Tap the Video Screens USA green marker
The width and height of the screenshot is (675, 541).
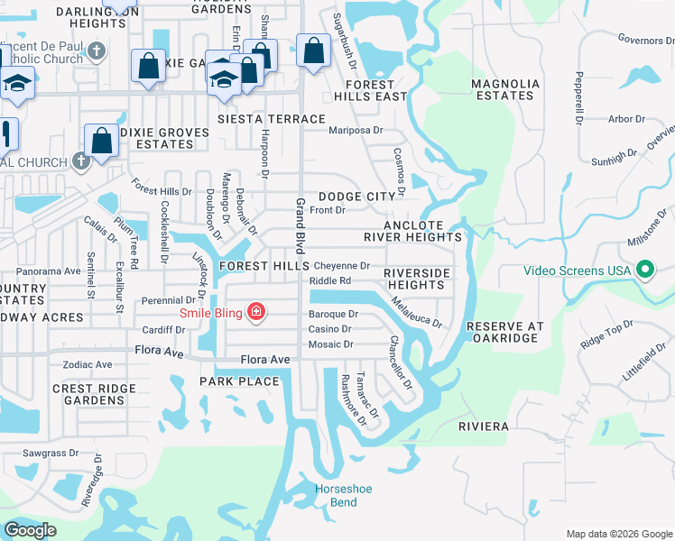(x=645, y=270)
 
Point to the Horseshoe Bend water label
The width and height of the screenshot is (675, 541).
(x=336, y=495)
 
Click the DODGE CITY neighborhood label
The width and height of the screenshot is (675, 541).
(x=356, y=196)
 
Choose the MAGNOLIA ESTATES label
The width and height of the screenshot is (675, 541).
(x=505, y=89)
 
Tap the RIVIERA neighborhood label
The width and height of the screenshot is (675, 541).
(x=484, y=426)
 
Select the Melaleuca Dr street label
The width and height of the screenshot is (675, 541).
(x=416, y=310)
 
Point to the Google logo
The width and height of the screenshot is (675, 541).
(x=30, y=530)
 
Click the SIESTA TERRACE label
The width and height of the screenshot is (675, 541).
(x=272, y=119)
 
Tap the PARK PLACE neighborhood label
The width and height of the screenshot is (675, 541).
(x=239, y=381)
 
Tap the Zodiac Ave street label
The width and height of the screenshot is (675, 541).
(x=88, y=365)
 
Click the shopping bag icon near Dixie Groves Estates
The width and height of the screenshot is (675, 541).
(x=102, y=141)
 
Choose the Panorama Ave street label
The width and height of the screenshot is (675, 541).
(x=49, y=270)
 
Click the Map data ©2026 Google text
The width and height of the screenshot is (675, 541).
(x=618, y=534)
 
